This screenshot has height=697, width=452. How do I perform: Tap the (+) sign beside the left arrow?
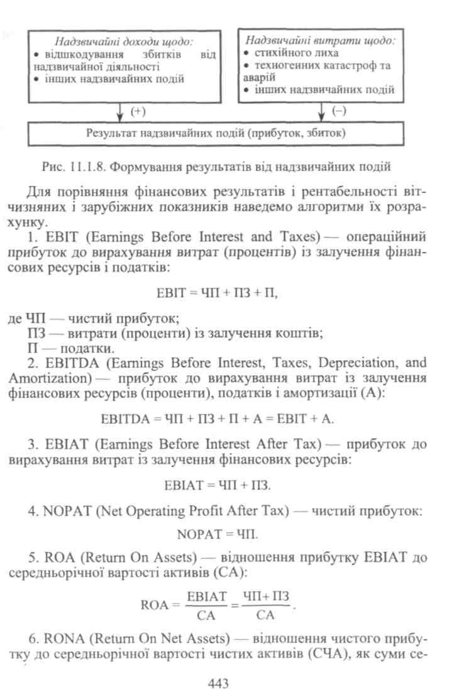138,111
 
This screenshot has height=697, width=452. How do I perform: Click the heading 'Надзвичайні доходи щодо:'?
124,42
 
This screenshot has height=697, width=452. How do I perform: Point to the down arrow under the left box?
119,113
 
